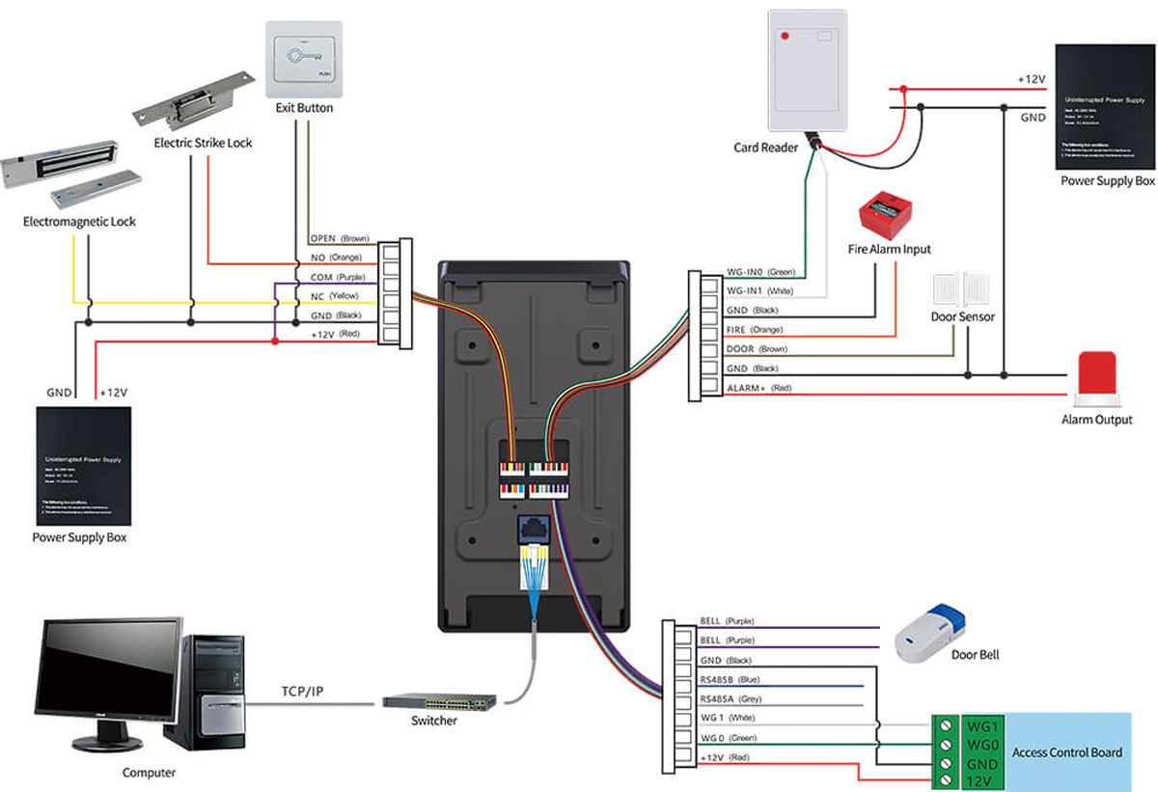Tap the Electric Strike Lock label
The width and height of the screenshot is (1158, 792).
tap(203, 143)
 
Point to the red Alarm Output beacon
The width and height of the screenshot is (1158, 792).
tap(1095, 376)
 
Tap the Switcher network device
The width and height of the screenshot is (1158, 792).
tap(439, 701)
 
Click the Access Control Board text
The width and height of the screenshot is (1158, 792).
tap(1066, 752)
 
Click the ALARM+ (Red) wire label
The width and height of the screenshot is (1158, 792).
tap(758, 388)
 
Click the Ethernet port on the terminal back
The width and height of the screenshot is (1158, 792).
tap(533, 530)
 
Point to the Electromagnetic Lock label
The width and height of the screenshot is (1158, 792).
tap(79, 222)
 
